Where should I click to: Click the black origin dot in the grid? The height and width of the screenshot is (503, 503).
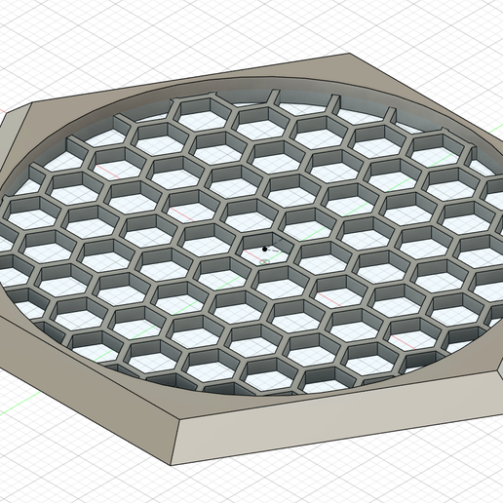pos(266,249)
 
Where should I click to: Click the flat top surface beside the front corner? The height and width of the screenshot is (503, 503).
pos(195,409)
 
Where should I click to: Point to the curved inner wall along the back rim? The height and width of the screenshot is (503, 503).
pos(244,90)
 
